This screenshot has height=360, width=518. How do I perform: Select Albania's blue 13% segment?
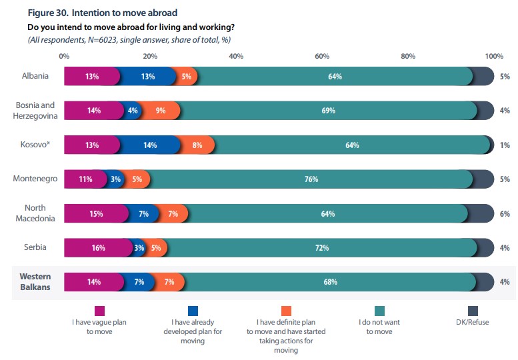[x=149, y=76]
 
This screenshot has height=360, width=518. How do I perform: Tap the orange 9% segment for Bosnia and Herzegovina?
[x=161, y=111]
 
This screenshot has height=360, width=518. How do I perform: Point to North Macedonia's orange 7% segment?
[x=173, y=213]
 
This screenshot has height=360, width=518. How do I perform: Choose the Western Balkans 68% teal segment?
[x=330, y=281]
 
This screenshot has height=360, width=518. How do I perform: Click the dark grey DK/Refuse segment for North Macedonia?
[x=480, y=213]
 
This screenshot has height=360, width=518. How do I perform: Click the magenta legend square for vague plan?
[x=100, y=310]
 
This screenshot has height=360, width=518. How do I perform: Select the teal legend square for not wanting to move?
[x=381, y=310]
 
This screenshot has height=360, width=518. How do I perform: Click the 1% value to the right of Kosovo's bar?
[x=505, y=145]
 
